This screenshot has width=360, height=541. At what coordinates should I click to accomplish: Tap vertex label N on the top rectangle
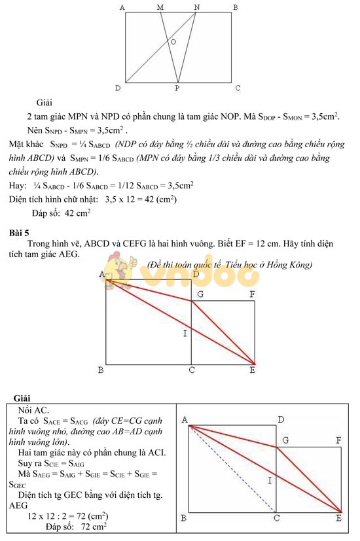(197, 7)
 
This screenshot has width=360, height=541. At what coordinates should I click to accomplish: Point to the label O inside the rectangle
(173, 42)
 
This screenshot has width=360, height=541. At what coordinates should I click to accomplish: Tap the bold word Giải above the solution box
(22, 398)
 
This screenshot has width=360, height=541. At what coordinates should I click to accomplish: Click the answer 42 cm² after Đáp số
(78, 213)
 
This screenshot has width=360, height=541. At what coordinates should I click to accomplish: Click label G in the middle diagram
(200, 295)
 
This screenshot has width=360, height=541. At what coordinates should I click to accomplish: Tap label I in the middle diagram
(185, 334)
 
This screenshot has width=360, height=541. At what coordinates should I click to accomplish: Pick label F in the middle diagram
(252, 294)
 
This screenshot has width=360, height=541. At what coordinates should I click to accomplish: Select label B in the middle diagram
(101, 371)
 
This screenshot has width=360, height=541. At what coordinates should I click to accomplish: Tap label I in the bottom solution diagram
(269, 481)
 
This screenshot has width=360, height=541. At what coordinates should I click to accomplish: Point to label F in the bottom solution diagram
(338, 441)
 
